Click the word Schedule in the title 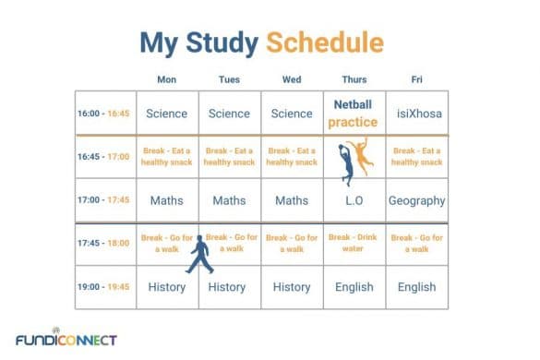pos(324,42)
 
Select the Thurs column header pos(354,79)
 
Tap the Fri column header pos(416,79)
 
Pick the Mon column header pos(167,79)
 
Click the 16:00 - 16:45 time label pos(104,114)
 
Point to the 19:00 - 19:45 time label pos(104,287)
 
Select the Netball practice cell pos(354,114)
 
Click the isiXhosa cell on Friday pos(416,114)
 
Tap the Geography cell pos(416,200)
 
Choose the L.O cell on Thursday pos(354,200)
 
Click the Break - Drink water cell pos(354,243)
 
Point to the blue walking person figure pos(198,254)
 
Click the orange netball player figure pos(366,156)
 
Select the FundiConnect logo pos(66,339)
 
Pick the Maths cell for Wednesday pos(292,200)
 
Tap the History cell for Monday pos(167,287)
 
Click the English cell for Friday pos(416,287)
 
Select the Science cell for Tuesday pos(229,114)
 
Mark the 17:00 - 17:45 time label pos(104,200)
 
